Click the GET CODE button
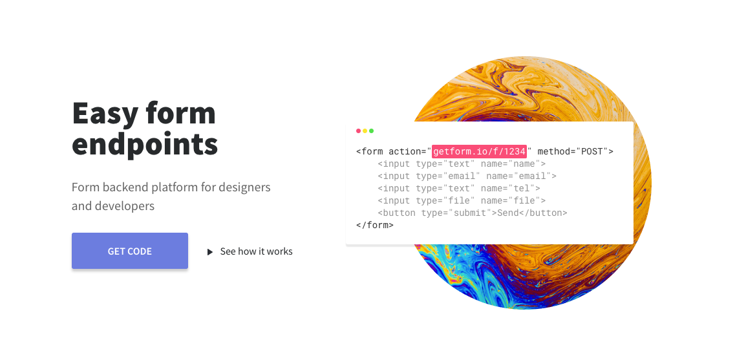(x=129, y=251)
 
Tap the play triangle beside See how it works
(x=210, y=252)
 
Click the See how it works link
(x=256, y=251)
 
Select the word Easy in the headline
(x=105, y=113)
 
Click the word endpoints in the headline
(x=145, y=143)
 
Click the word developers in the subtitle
(x=125, y=206)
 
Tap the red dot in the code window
(x=358, y=131)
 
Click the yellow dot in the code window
(x=365, y=131)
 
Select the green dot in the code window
(x=371, y=131)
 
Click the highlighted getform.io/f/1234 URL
(x=479, y=151)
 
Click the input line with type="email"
(x=467, y=176)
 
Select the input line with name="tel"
(x=459, y=188)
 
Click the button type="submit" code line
(x=472, y=213)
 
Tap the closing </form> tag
(x=374, y=225)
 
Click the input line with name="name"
(x=462, y=164)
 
